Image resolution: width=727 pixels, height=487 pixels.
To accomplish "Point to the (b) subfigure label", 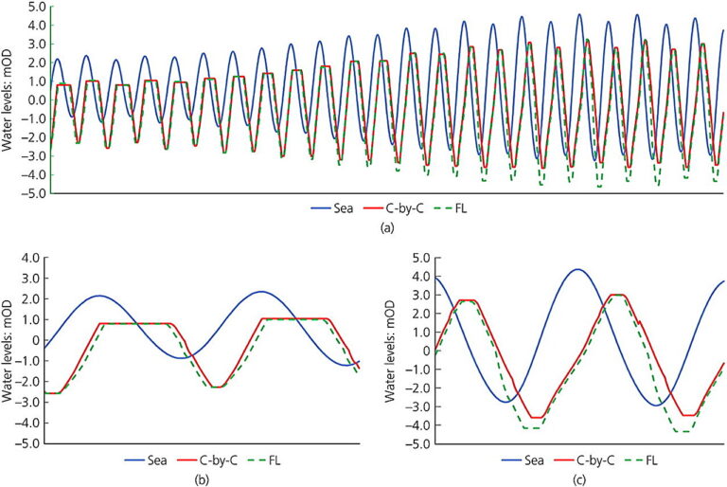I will tap(201, 478).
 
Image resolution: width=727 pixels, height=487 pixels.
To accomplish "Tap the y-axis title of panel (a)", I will tap(9, 99).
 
